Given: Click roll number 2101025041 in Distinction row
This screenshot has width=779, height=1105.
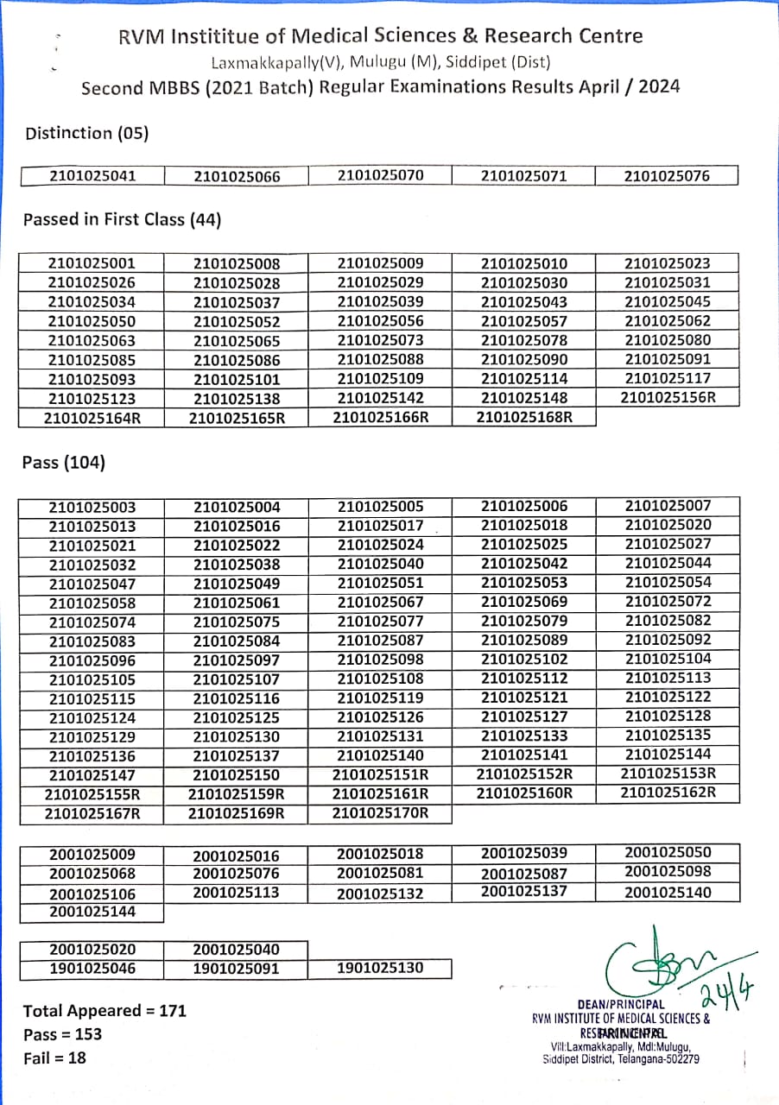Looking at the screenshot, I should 92,176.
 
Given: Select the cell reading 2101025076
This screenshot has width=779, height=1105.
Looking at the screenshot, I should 667,176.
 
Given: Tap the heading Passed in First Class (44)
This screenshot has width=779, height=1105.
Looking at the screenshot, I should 122,220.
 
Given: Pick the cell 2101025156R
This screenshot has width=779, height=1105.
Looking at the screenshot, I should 668,398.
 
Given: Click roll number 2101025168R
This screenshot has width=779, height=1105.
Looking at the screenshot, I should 524,417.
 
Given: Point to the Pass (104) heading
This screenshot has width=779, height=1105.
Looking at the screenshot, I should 64,463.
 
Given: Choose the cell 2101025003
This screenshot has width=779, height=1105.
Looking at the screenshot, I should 92,508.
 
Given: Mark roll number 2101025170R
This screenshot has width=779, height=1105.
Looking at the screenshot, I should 380,812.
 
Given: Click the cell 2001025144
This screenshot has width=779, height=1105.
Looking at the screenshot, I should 92,912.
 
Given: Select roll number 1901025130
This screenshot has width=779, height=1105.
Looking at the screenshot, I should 380,968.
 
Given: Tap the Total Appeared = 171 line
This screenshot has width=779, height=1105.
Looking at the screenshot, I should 104,1011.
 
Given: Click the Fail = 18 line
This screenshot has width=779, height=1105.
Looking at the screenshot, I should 54,1058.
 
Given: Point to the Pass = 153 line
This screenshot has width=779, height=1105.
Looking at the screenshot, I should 62,1034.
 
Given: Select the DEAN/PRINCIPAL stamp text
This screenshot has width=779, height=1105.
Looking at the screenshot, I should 621,1005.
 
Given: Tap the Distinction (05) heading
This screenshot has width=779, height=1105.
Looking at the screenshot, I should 87,133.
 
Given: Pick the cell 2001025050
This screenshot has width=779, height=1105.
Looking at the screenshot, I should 668,853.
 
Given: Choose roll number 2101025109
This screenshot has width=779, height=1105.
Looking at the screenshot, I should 380,378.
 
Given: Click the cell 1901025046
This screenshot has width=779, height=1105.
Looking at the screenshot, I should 92,969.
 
